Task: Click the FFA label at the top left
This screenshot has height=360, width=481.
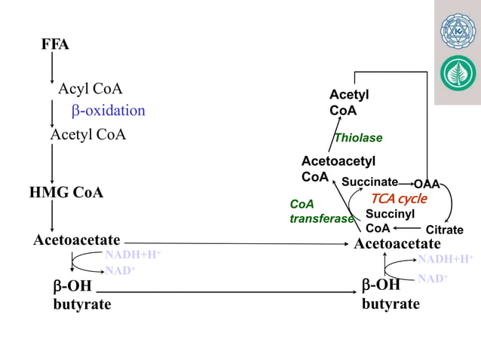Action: pos(55,45)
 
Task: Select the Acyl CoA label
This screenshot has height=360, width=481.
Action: pos(90,89)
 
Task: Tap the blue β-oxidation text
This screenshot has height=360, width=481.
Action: pos(109,111)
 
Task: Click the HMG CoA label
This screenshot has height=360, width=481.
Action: pos(66,193)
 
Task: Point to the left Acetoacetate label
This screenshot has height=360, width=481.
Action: pos(77,240)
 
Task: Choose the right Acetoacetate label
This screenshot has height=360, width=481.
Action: pos(397,244)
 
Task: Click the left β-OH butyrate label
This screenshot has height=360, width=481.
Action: pos(81,295)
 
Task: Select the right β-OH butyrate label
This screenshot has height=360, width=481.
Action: pos(391,294)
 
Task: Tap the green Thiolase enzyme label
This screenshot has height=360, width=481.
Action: pos(358,138)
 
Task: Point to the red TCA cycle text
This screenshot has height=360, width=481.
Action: pos(398,199)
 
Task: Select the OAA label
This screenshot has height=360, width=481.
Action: pos(426,184)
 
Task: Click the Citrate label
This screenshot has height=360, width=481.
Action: pos(444,230)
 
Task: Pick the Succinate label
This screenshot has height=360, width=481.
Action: pos(369,182)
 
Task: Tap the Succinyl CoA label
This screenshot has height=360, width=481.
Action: pos(389,221)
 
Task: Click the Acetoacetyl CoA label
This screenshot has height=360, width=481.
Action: pos(338,169)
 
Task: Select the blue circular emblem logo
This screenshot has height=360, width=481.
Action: pos(458,31)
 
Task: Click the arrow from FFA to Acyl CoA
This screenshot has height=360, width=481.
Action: pos(51,69)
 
